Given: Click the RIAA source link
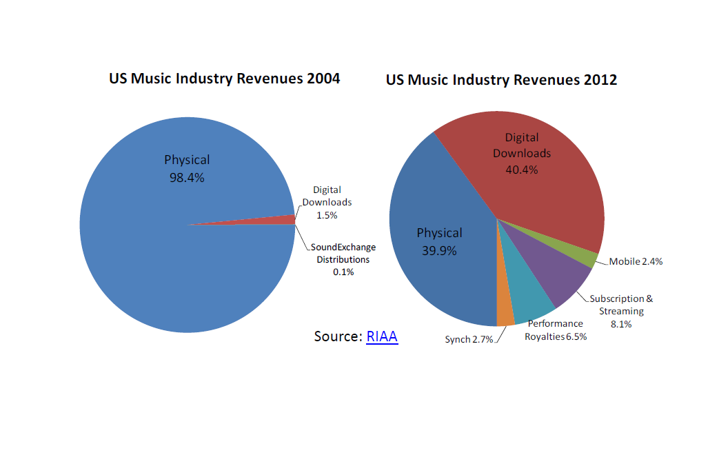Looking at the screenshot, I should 382,336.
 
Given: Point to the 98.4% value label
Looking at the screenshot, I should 187,177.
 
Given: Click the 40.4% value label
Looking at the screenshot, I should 521,169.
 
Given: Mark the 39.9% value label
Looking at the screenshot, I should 439,250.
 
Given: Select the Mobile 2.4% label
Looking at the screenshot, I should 636,262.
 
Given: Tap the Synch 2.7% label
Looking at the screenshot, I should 469,339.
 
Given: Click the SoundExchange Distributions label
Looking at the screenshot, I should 343,253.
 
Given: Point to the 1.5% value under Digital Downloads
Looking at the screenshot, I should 327,215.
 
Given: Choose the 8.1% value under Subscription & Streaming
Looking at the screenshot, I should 621,324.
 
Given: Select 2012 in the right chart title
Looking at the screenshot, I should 600,80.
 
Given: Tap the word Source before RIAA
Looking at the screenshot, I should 337,336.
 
